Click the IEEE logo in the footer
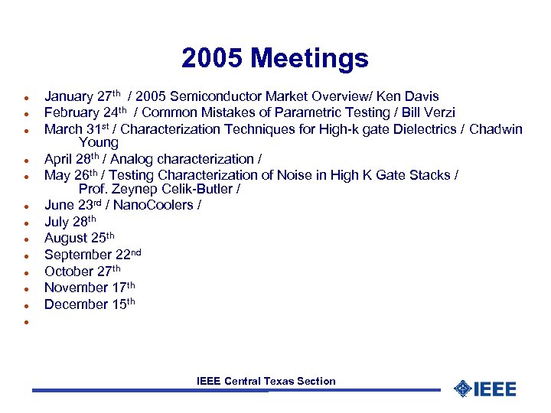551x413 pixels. pyautogui.click(x=485, y=389)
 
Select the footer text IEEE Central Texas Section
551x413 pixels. pyautogui.click(x=266, y=381)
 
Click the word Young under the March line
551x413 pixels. pyautogui.click(x=98, y=143)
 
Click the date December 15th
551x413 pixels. pyautogui.click(x=90, y=304)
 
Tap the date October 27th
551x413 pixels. pyautogui.click(x=83, y=272)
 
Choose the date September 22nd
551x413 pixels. pyautogui.click(x=93, y=255)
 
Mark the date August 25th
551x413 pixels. pyautogui.click(x=78, y=239)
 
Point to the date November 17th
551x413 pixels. pyautogui.click(x=90, y=288)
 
